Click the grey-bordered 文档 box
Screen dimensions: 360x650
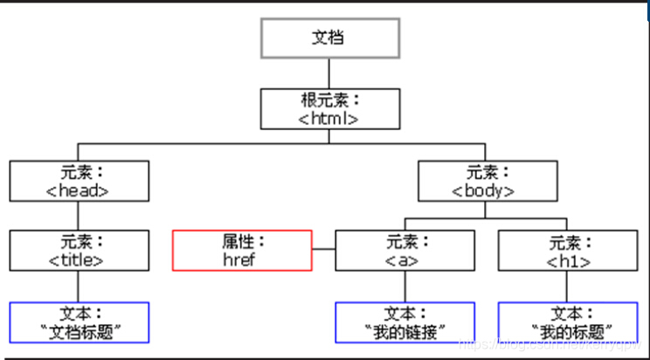click(330, 38)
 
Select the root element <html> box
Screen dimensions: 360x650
click(329, 108)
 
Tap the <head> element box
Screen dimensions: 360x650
click(80, 181)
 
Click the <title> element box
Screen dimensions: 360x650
click(80, 250)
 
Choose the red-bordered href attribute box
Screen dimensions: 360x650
click(242, 250)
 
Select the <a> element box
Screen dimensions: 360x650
click(405, 250)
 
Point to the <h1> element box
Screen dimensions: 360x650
click(568, 250)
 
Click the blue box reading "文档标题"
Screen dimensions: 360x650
click(80, 322)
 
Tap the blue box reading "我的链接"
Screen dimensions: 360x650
click(405, 322)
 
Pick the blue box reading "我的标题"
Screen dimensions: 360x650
click(568, 322)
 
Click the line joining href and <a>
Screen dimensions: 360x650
click(323, 250)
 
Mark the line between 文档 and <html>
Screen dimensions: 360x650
click(329, 73)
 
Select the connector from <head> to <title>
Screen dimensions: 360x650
click(80, 216)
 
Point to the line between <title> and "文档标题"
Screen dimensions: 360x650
click(80, 286)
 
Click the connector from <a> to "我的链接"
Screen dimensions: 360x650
click(405, 286)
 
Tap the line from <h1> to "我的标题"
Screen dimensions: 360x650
click(568, 286)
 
